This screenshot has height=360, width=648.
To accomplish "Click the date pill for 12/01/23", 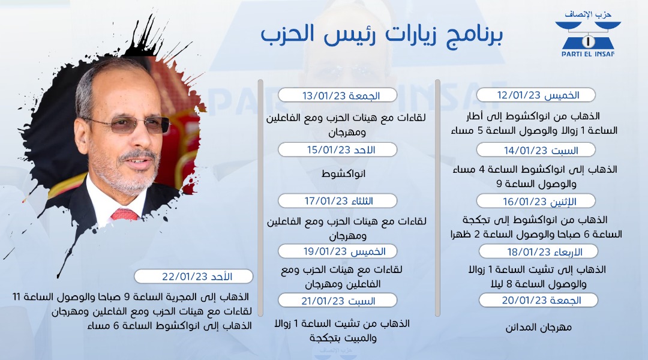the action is coord(536,95).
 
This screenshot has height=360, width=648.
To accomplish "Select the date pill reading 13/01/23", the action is coord(338,95).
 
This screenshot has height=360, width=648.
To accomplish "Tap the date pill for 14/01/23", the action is coord(536,150).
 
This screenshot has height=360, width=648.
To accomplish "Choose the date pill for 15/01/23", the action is coord(338,149).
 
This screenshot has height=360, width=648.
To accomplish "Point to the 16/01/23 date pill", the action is coord(536,201).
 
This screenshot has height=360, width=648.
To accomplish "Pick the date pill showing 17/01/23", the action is coord(338,201).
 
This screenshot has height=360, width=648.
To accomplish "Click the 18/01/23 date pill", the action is coord(538,251).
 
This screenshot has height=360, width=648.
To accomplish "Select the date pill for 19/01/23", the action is coord(338,251).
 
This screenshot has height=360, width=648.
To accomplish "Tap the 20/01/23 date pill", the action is coord(538,300).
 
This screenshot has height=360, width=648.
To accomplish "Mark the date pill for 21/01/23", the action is coord(338,301).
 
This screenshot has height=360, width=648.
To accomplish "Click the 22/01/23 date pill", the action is coord(193,276).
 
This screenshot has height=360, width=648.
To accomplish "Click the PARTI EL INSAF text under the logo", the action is coord(587,54).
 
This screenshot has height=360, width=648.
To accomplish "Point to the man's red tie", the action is coord(124,215).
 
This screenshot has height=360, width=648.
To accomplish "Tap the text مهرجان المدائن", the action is coord(538,328).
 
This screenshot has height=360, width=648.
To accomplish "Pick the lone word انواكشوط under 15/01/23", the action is coord(343,173).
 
